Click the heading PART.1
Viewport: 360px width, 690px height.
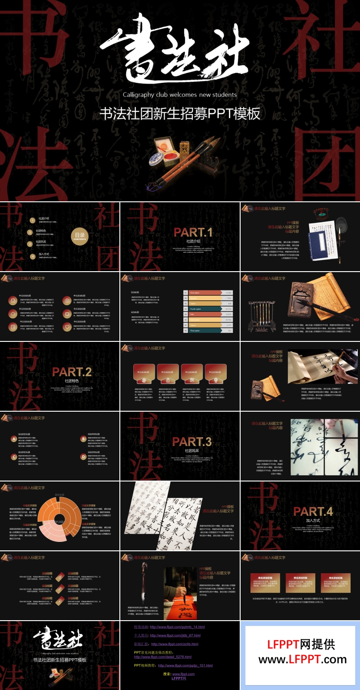tap(193, 232)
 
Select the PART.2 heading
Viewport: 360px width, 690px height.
tap(72, 372)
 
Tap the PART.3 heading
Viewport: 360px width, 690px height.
tap(192, 442)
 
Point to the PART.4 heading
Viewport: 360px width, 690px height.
tap(313, 511)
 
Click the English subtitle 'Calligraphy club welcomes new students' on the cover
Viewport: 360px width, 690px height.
tap(180, 95)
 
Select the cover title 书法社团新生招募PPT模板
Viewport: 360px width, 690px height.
tap(180, 114)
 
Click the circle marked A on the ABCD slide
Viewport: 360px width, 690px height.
tap(14, 439)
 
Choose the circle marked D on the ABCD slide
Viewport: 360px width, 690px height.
tap(83, 457)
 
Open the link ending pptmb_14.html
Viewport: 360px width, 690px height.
tap(177, 627)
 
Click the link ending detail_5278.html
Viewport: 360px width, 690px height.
tap(163, 657)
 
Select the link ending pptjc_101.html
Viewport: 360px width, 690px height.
tap(185, 665)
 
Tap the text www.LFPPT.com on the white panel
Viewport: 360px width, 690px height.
tap(302, 660)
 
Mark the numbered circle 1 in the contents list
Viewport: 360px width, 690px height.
tap(32, 220)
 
